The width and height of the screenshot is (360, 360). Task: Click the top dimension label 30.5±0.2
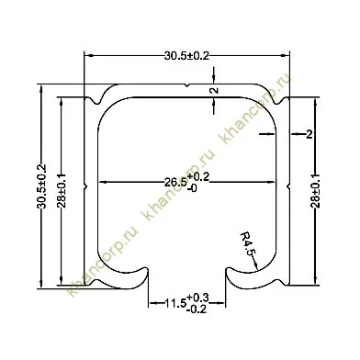(x=186, y=56)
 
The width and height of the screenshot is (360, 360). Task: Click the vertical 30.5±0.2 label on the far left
(x=41, y=186)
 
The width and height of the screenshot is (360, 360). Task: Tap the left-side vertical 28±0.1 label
(x=62, y=190)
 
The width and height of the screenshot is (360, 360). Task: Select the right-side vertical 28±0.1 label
(x=316, y=190)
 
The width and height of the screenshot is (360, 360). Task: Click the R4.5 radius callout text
(x=247, y=244)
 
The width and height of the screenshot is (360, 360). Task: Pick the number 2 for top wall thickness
(x=215, y=90)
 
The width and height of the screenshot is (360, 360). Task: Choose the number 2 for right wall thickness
(x=309, y=134)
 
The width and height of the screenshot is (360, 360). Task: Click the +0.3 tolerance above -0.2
(x=197, y=298)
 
